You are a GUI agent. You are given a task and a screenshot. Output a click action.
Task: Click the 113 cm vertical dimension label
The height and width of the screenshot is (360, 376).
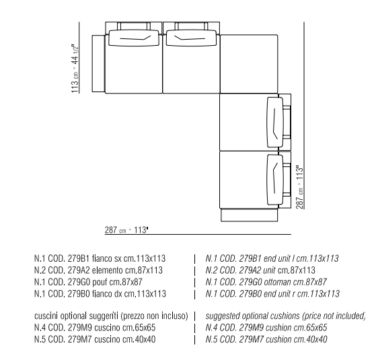[75, 69]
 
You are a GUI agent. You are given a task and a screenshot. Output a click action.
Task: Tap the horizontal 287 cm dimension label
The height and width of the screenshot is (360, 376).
[126, 230]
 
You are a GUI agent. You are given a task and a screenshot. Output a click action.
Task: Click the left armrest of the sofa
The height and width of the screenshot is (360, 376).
[99, 63]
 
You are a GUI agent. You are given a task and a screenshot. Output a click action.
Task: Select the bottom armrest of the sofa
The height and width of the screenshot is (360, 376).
[249, 215]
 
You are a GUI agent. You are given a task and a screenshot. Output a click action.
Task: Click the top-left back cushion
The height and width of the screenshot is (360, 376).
[134, 38]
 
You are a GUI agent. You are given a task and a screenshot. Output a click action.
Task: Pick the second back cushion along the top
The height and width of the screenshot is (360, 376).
[192, 38]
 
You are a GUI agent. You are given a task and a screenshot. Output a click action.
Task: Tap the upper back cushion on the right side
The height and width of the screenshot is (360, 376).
[275, 122]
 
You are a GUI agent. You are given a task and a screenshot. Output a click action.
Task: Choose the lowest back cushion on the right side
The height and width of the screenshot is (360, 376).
[275, 180]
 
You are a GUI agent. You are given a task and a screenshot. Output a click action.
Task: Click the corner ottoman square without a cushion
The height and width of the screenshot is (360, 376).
[249, 64]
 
